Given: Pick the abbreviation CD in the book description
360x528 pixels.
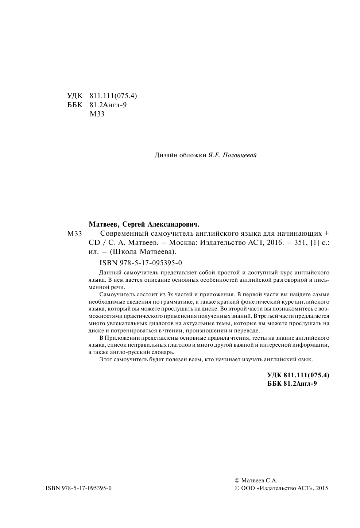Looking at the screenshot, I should [94, 243].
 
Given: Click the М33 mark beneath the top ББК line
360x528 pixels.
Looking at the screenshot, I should [97, 114].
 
